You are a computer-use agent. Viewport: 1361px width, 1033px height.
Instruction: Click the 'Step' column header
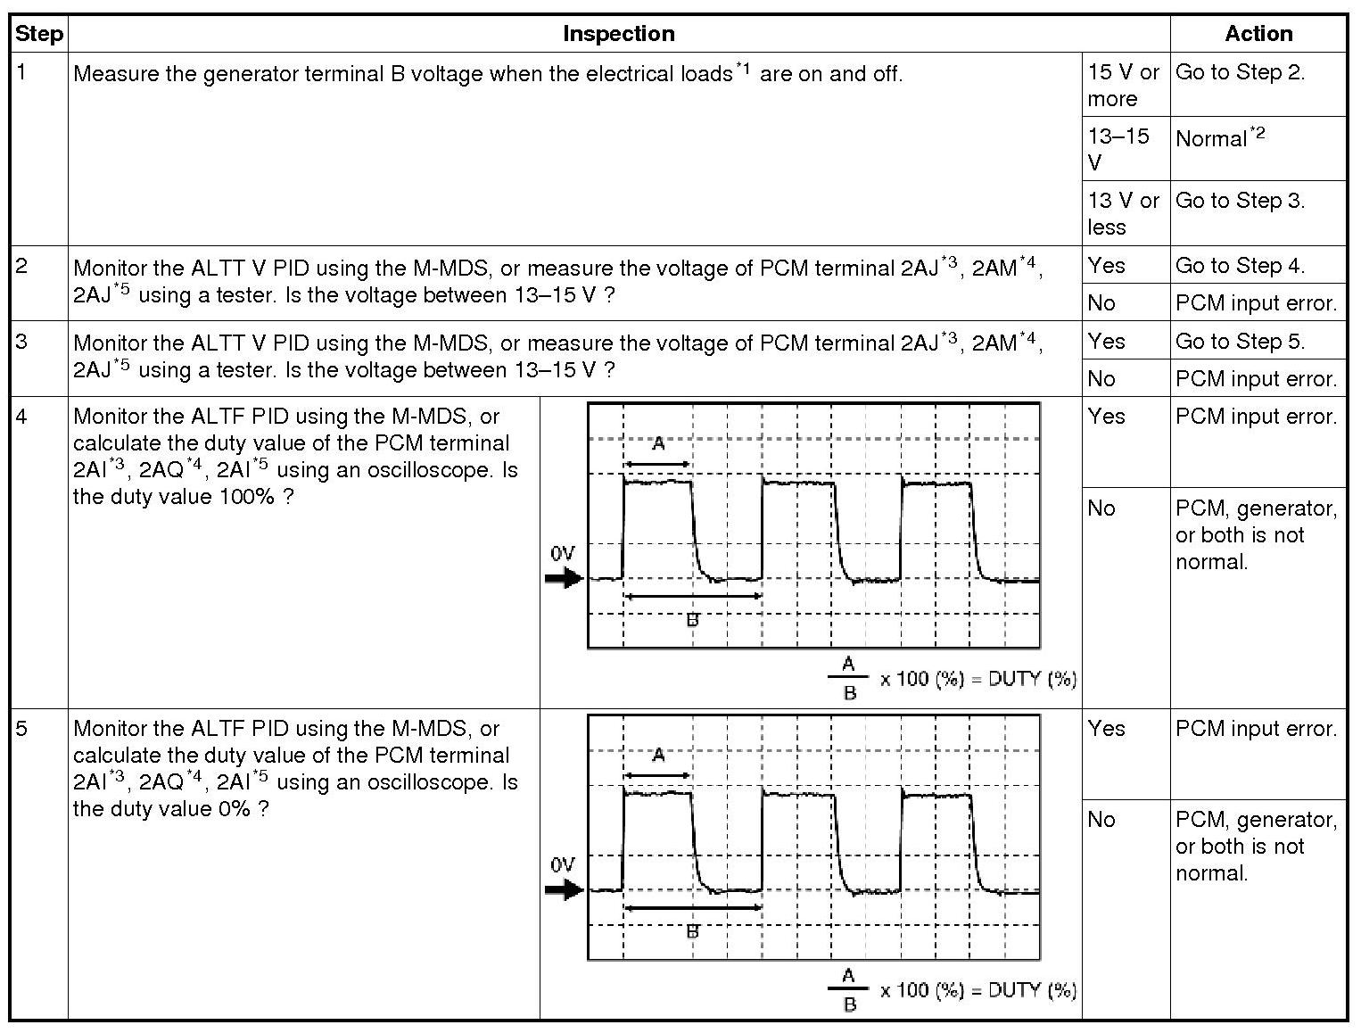[x=39, y=34]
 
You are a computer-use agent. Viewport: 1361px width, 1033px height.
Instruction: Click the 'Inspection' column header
[x=618, y=34]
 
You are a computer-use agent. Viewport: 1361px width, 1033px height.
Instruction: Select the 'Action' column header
[x=1258, y=34]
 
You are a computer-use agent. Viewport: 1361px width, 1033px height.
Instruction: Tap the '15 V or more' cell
[x=1123, y=85]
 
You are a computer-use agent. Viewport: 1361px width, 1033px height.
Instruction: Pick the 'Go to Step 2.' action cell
[x=1240, y=72]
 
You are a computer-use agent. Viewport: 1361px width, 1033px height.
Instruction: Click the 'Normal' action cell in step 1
[x=1219, y=138]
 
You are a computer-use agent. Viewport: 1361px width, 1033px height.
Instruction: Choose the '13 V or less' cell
[x=1123, y=213]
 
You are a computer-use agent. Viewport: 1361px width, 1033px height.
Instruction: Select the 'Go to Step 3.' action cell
[x=1240, y=201]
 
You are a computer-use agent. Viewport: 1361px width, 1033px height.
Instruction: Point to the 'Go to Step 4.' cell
[x=1240, y=266]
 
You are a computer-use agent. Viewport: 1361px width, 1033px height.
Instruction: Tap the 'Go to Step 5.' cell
[x=1240, y=342]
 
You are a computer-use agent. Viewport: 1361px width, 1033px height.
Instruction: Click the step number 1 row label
[x=22, y=72]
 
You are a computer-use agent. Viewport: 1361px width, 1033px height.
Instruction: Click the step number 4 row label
[x=22, y=417]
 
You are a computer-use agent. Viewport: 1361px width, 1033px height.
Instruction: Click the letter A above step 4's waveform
[x=658, y=443]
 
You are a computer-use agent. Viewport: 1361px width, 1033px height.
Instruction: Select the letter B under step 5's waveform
[x=692, y=931]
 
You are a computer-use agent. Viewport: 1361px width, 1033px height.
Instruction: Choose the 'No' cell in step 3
[x=1101, y=379]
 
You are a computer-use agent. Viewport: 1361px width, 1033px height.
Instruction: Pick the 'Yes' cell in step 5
[x=1106, y=729]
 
